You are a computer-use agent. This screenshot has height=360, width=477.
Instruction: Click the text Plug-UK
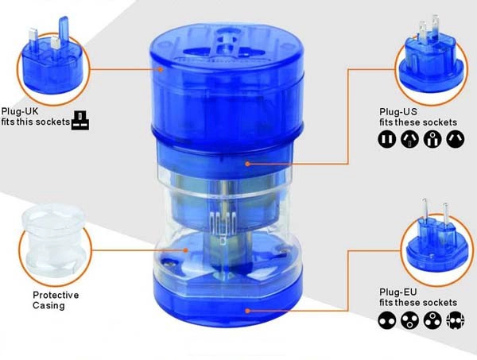click(x=20, y=111)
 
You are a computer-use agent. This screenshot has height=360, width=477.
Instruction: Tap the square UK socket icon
click(x=80, y=121)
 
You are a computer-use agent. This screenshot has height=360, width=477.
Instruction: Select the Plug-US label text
click(x=398, y=111)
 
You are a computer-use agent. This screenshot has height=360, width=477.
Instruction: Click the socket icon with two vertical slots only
click(x=387, y=140)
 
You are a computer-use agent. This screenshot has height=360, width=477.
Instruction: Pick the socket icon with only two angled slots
click(x=455, y=140)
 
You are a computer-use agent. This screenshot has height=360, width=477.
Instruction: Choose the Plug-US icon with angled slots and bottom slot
click(x=409, y=140)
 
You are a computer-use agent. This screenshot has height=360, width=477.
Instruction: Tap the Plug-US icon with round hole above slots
click(x=432, y=140)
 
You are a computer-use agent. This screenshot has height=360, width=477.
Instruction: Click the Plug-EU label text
click(x=398, y=292)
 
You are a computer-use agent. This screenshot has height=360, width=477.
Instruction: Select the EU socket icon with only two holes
click(x=387, y=320)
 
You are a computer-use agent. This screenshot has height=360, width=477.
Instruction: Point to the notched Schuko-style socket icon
click(x=455, y=320)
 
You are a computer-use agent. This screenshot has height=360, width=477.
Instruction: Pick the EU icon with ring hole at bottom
click(x=409, y=320)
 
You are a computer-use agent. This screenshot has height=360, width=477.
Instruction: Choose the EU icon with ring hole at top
click(x=432, y=320)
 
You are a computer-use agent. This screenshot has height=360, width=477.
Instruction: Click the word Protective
click(x=56, y=296)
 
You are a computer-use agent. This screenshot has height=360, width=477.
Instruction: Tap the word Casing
click(x=48, y=306)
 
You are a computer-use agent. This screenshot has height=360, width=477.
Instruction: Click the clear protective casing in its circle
click(x=53, y=241)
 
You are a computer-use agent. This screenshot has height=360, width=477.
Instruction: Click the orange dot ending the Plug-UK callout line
click(x=161, y=69)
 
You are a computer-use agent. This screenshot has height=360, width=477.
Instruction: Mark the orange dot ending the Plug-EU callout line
click(x=247, y=311)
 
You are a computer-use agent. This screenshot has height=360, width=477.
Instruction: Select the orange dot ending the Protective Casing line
click(x=185, y=250)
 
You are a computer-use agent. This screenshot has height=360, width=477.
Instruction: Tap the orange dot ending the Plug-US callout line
click(x=247, y=164)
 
